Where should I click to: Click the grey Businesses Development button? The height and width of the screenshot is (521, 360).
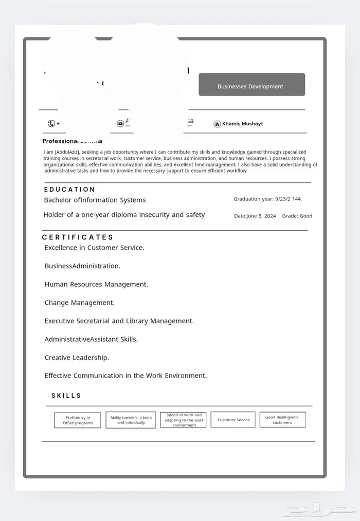click(x=251, y=85)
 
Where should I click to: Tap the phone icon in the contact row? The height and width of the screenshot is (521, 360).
click(x=51, y=123)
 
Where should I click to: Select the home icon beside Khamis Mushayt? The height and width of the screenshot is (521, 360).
click(x=217, y=124)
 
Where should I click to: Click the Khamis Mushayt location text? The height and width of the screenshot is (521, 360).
click(x=242, y=124)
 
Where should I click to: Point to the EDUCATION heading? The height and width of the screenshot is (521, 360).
click(x=69, y=190)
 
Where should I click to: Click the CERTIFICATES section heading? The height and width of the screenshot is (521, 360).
click(x=78, y=237)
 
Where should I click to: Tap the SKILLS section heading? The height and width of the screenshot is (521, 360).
click(x=66, y=396)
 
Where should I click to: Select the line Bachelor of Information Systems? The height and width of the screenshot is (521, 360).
click(x=95, y=200)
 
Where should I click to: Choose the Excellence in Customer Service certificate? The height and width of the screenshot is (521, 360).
click(x=94, y=248)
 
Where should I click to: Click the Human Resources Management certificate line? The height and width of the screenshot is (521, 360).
click(x=96, y=284)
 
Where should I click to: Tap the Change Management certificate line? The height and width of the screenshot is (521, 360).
click(x=79, y=303)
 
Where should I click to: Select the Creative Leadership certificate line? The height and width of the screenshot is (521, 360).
click(x=77, y=357)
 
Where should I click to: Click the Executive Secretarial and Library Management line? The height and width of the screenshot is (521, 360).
click(x=119, y=321)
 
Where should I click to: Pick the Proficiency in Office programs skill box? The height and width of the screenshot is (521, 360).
click(x=78, y=420)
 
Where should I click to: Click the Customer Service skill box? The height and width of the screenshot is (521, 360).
click(x=233, y=420)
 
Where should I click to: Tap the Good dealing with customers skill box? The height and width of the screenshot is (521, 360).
click(x=282, y=420)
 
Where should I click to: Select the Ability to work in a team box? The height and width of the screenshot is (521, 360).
click(x=131, y=420)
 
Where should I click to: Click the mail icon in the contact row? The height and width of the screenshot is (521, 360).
click(x=120, y=123)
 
